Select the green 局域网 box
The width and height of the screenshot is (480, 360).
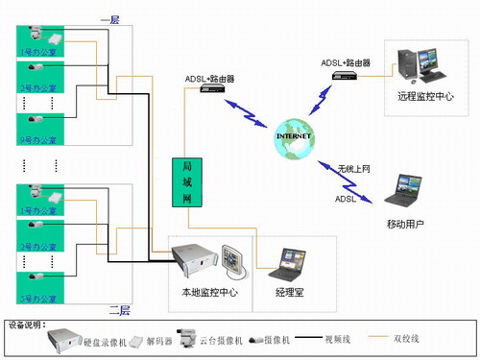[x=186, y=181]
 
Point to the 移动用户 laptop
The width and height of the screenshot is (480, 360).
[x=405, y=192]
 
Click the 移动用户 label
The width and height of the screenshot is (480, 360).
[x=404, y=224]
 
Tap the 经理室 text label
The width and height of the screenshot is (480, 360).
[x=286, y=290]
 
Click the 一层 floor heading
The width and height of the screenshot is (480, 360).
[x=110, y=18]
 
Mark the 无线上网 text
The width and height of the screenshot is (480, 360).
[x=353, y=169]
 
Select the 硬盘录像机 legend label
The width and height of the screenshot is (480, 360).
[x=105, y=340]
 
